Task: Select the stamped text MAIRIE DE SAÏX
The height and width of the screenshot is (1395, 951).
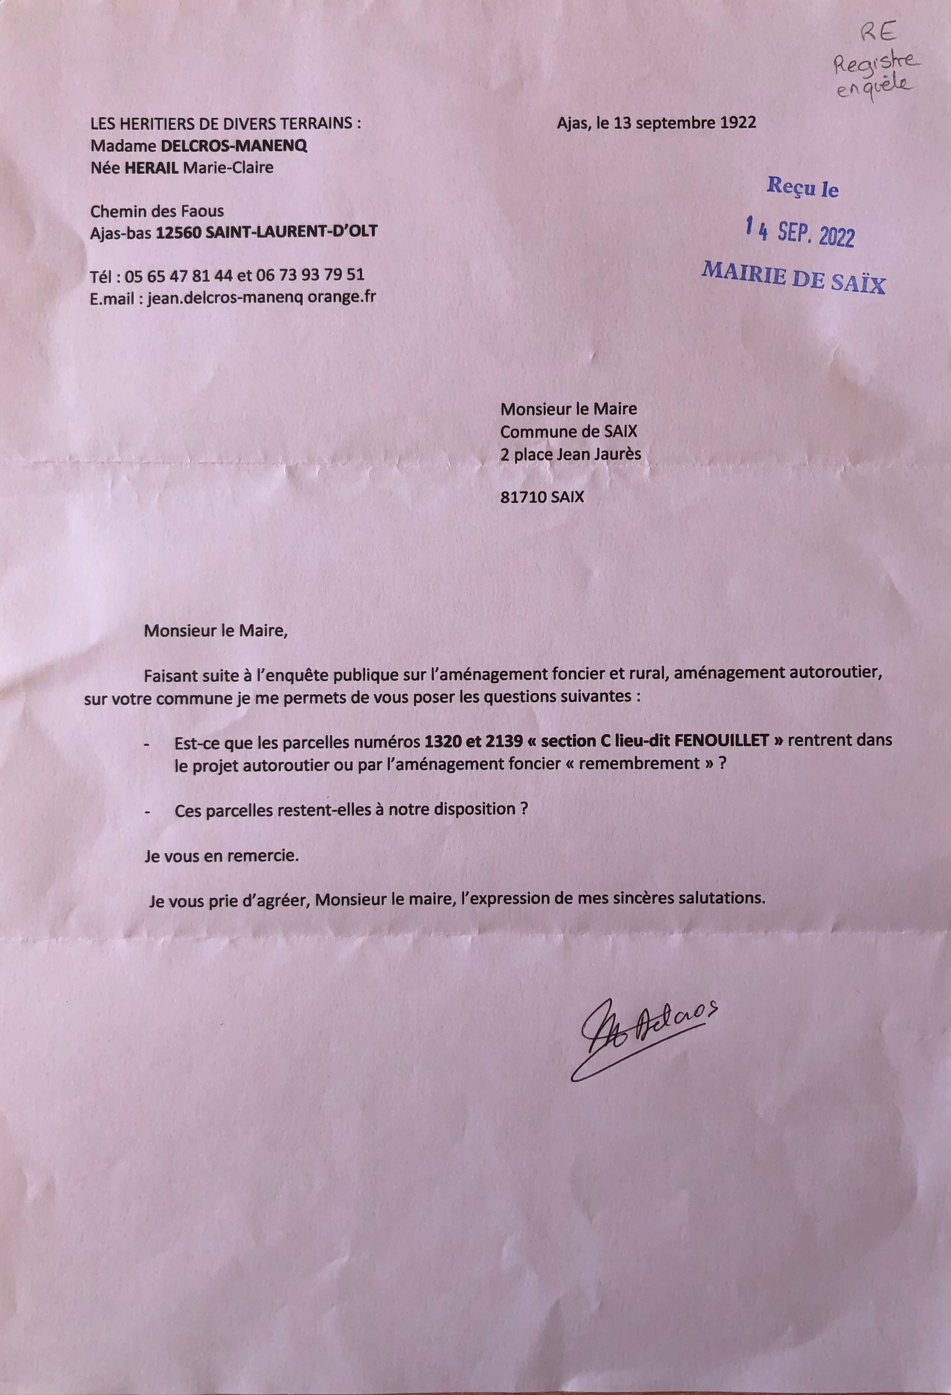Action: click(794, 278)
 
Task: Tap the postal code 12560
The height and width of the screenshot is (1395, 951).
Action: click(178, 232)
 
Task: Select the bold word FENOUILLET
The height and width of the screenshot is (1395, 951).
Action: click(722, 740)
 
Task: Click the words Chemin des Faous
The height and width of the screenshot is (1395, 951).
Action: click(157, 211)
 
